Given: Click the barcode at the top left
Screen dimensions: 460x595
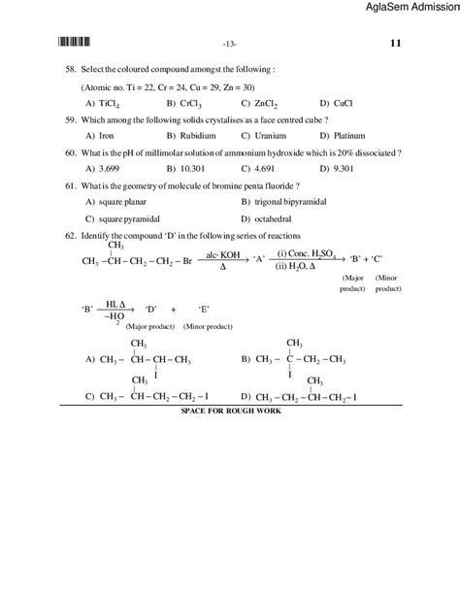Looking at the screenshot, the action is pyautogui.click(x=75, y=42).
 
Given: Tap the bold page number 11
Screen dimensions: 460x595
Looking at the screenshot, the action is pyautogui.click(x=395, y=43).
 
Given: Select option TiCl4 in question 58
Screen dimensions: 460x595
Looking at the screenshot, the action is pyautogui.click(x=103, y=102).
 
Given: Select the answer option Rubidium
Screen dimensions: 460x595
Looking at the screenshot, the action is pyautogui.click(x=188, y=137).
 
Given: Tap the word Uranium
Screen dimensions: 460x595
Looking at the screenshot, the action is pyautogui.click(x=264, y=137).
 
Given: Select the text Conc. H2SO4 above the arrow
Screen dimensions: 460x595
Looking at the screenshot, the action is pyautogui.click(x=308, y=253).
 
